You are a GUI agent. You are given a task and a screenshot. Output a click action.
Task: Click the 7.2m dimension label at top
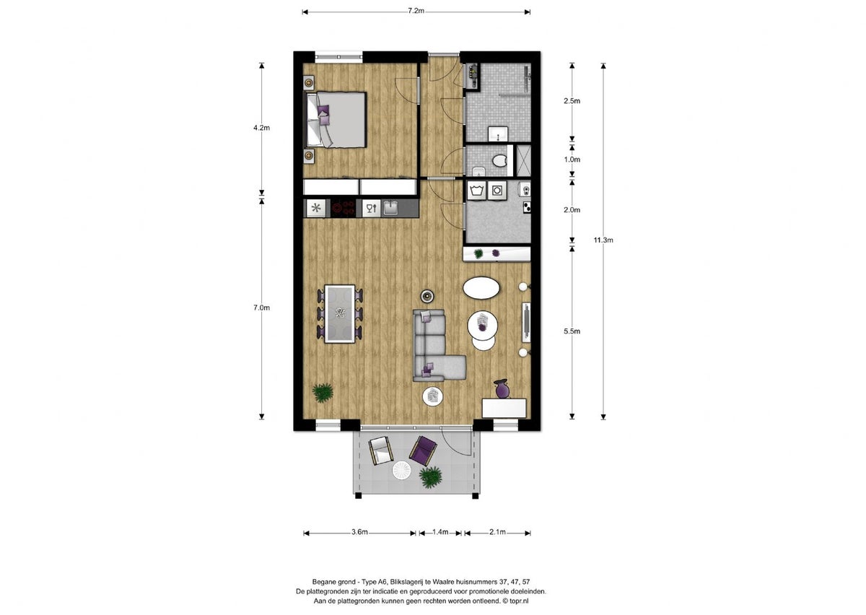click(x=416, y=11)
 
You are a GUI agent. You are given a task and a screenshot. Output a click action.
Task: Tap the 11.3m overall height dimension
click(x=603, y=240)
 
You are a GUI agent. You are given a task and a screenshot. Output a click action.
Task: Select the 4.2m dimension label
click(x=261, y=128)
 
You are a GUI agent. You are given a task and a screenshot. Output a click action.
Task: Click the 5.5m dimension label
click(x=572, y=331)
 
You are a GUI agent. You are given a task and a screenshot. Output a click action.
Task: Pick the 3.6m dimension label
click(x=359, y=532)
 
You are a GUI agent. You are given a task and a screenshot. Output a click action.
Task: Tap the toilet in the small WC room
click(x=497, y=161)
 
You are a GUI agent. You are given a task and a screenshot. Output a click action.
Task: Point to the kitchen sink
click(x=390, y=208)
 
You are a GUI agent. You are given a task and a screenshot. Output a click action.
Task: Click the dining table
click(x=338, y=313)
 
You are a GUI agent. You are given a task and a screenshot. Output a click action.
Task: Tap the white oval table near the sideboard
click(x=481, y=289)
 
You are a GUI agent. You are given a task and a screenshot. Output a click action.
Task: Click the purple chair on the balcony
click(x=423, y=450)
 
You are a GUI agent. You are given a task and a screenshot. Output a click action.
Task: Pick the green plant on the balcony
click(x=431, y=476)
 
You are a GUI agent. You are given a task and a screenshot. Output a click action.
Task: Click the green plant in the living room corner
click(x=323, y=393)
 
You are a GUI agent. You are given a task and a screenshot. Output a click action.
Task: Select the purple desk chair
click(x=502, y=389)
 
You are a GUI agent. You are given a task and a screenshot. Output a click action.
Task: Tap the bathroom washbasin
click(x=498, y=133)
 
